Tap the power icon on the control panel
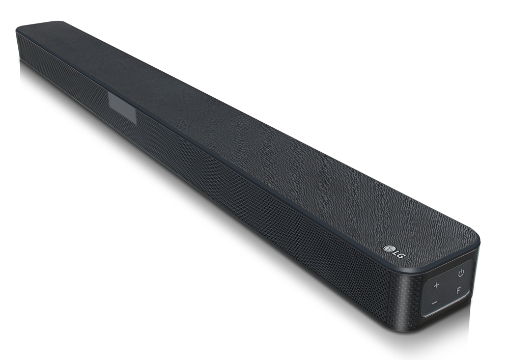tap(461, 273)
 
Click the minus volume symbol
tap(434, 303)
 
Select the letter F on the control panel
tap(459, 291)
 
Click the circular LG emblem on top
tap(388, 248)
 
